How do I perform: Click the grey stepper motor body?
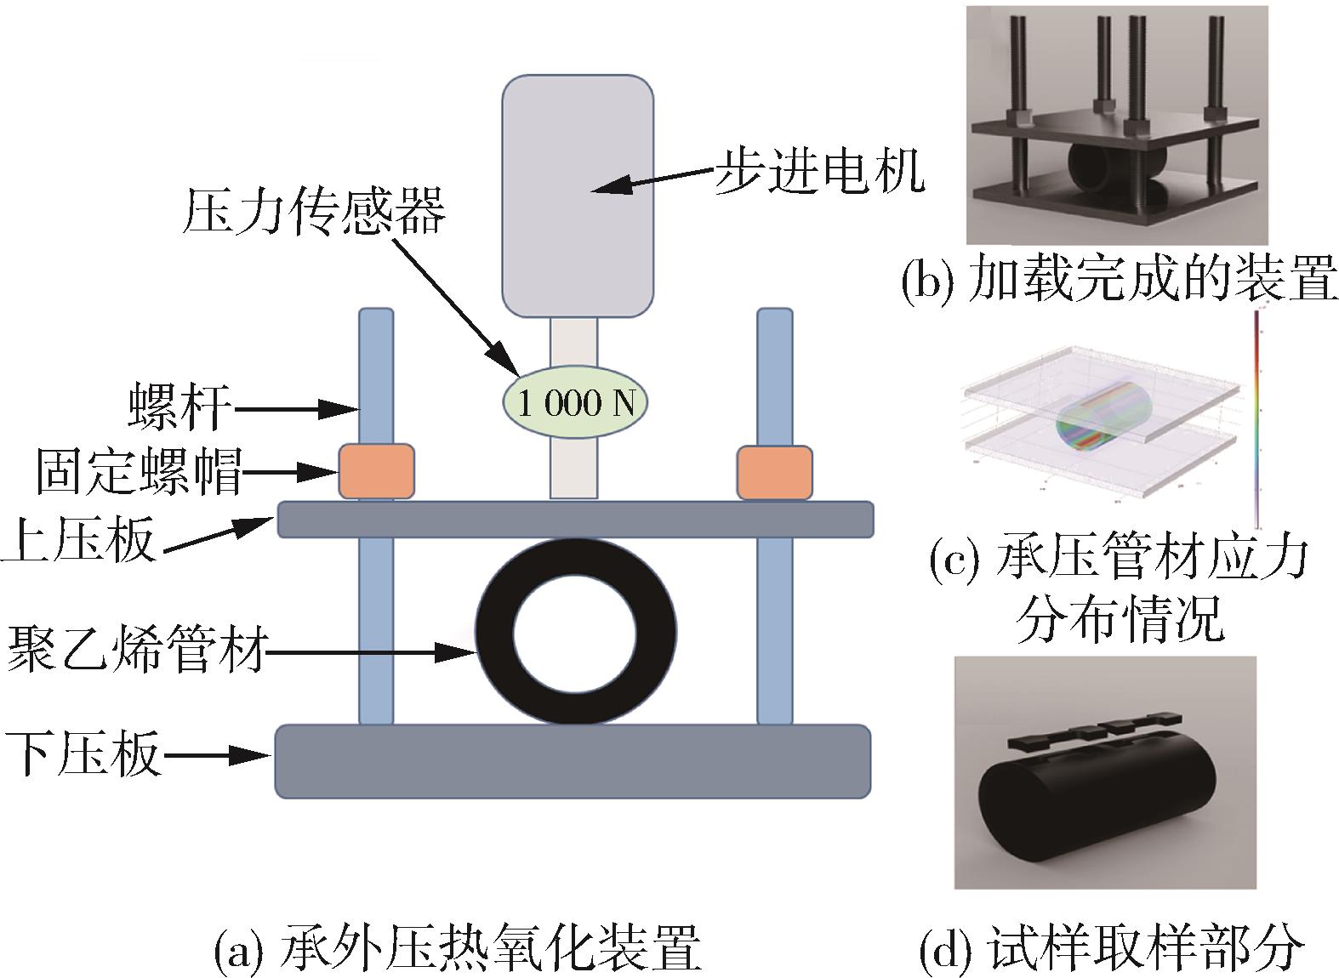click(x=578, y=196)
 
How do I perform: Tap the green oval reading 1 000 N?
click(x=575, y=402)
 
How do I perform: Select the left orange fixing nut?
click(x=376, y=470)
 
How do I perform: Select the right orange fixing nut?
click(x=774, y=472)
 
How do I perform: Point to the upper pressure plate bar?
click(x=575, y=519)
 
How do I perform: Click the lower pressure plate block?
click(x=573, y=761)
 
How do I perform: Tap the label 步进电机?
click(x=818, y=171)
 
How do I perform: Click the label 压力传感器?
click(x=313, y=212)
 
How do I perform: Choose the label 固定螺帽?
click(x=139, y=470)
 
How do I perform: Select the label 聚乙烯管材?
click(x=136, y=650)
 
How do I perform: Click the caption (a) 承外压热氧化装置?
click(x=458, y=947)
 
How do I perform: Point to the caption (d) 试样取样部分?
click(x=1111, y=946)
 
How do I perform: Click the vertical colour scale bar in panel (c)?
click(x=1256, y=417)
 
